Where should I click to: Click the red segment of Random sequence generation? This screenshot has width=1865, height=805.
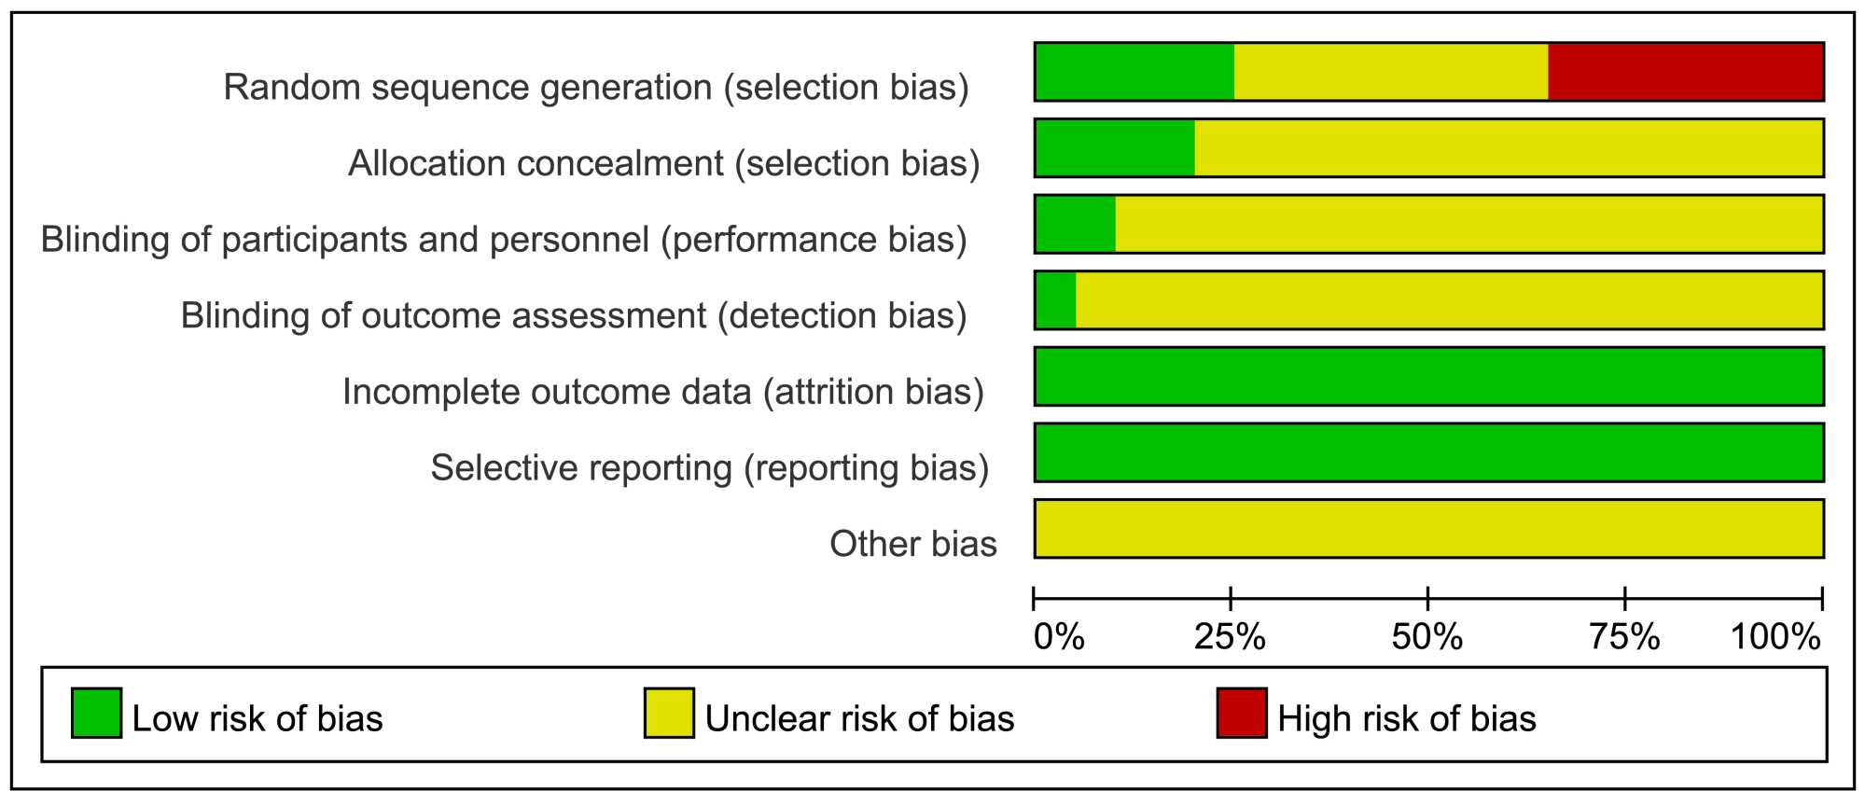(1686, 72)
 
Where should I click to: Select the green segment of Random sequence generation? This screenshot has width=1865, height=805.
(1134, 72)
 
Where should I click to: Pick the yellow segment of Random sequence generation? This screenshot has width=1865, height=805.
(1391, 72)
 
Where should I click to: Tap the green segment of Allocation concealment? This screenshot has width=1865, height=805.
(1115, 148)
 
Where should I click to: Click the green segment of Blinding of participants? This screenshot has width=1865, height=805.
(1075, 224)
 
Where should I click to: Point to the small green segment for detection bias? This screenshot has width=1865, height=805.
(1055, 300)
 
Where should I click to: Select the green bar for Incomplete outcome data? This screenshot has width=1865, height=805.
(1429, 377)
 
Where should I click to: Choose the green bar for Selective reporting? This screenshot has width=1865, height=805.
(1429, 452)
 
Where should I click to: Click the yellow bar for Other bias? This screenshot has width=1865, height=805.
(1429, 529)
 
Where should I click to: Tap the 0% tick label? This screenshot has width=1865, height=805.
(1060, 638)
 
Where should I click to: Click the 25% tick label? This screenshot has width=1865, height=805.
(1231, 638)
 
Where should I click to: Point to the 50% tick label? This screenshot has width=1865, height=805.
(1427, 638)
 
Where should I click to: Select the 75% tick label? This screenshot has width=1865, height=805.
(1625, 638)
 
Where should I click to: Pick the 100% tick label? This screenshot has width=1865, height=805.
(1776, 638)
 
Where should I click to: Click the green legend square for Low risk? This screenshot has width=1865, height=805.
(97, 714)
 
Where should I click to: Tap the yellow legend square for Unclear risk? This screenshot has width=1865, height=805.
(669, 714)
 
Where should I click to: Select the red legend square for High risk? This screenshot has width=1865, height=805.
(1242, 714)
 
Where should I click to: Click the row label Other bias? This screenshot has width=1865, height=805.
(913, 544)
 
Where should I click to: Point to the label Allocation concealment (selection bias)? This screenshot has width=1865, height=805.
(664, 163)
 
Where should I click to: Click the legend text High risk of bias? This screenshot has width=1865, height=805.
(1407, 719)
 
